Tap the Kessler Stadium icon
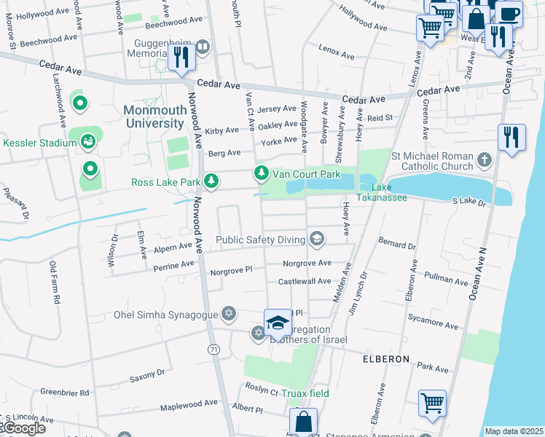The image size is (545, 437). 89,141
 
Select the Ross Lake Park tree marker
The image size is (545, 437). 211,181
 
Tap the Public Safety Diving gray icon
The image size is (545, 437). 317,238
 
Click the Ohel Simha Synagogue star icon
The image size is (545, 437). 229,313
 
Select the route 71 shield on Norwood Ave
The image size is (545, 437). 213,350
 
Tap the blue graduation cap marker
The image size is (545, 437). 278,321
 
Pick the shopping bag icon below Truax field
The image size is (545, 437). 303,422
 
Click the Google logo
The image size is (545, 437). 24,428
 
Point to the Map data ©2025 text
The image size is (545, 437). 514,431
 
